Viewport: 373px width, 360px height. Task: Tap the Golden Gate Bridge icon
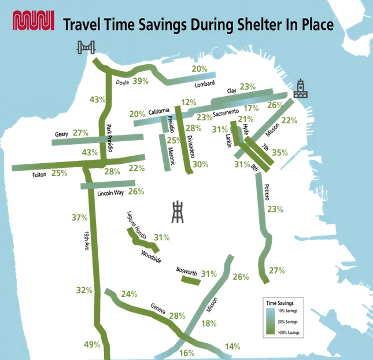86,48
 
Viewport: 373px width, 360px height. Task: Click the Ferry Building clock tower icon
300,89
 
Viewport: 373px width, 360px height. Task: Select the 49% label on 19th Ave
93,345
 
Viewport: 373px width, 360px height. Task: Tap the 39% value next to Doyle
141,82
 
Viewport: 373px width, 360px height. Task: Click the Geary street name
61,134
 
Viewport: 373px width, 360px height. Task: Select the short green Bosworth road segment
190,281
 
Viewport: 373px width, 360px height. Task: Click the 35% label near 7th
280,153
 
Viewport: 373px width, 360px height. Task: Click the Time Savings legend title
279,303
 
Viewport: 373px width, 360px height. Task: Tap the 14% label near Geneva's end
232,346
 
